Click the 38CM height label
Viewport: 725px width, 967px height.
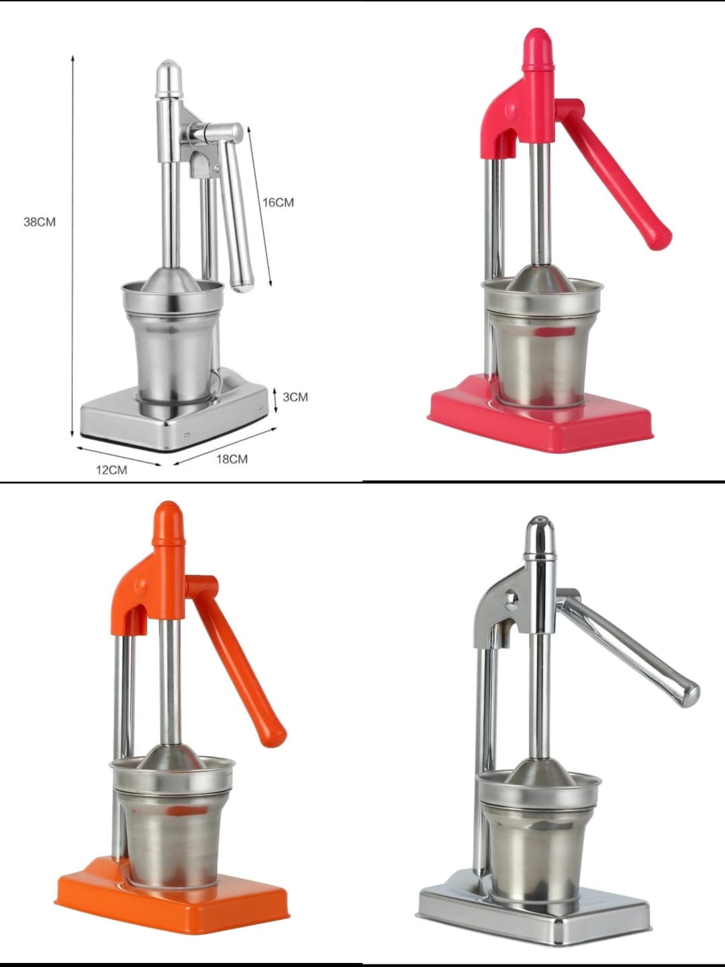coord(40,222)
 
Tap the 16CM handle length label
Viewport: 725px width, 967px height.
coord(278,203)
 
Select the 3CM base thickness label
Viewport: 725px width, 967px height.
coord(295,397)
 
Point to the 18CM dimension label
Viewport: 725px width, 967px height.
coord(232,459)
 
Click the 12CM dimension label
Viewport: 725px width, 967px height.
coord(112,470)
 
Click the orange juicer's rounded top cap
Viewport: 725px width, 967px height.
coord(167,522)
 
